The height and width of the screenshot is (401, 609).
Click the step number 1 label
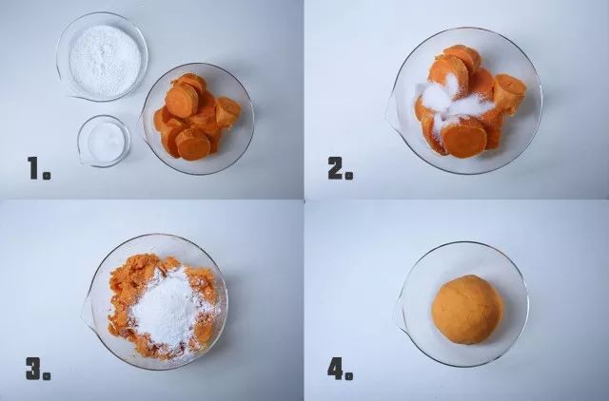(x=39, y=168)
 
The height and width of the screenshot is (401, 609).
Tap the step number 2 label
(x=341, y=168)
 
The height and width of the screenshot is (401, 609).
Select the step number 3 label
(x=38, y=368)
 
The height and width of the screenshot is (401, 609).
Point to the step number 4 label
(x=340, y=368)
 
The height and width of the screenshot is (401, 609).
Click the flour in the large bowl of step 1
(x=105, y=61)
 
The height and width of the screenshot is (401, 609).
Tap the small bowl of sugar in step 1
(x=104, y=141)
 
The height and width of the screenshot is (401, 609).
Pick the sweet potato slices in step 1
(x=197, y=116)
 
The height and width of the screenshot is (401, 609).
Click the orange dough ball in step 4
(x=467, y=309)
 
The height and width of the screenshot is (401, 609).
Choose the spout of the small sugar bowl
(x=83, y=158)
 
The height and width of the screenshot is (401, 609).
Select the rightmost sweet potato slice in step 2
(x=509, y=94)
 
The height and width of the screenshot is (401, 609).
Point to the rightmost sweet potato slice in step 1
(x=227, y=112)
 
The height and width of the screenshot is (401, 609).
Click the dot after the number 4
(x=348, y=375)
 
